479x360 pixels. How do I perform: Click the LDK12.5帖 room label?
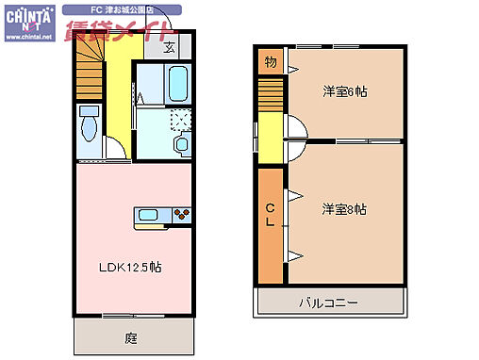[x=131, y=267]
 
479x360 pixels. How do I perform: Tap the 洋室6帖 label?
[x=343, y=90]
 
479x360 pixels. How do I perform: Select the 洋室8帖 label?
[x=343, y=208]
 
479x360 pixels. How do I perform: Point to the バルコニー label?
[x=328, y=303]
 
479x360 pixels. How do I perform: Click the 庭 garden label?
[x=131, y=335]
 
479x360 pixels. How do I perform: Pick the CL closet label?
[x=270, y=215]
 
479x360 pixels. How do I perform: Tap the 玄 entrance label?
[x=170, y=47]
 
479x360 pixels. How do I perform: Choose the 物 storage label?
[x=270, y=62]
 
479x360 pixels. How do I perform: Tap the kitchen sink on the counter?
[x=149, y=215]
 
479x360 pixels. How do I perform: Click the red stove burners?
[x=181, y=215]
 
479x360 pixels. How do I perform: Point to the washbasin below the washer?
[x=181, y=144]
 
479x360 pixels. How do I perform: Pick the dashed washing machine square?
[x=179, y=120]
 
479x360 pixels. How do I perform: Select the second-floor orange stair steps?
[x=271, y=95]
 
